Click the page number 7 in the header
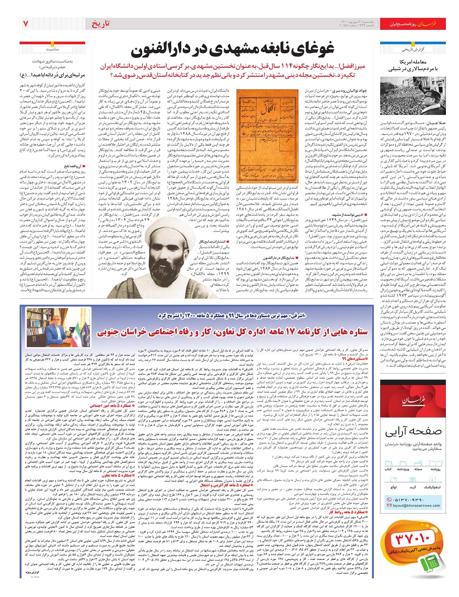click(26, 24)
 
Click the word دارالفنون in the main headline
click(164, 49)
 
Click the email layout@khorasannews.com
click(416, 506)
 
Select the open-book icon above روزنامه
click(436, 463)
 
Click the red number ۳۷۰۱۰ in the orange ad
click(413, 540)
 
